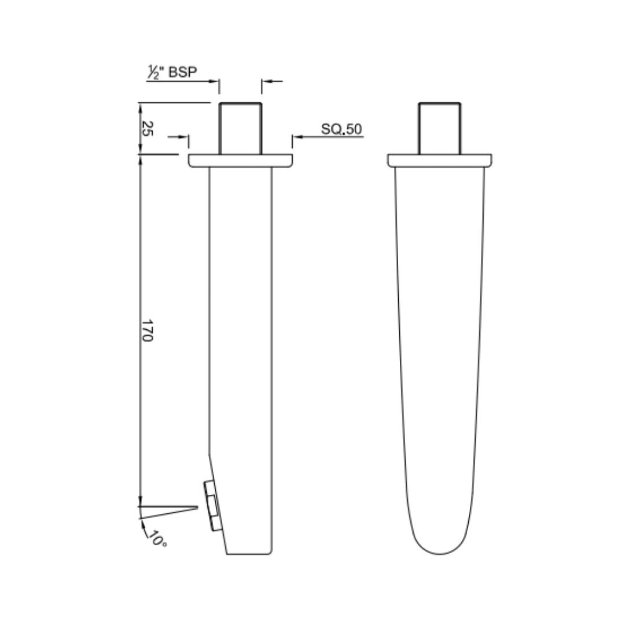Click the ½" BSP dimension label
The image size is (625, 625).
(x=172, y=72)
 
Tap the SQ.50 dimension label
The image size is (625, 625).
(x=341, y=128)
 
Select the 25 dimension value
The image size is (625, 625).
(x=147, y=128)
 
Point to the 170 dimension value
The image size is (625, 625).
(x=147, y=330)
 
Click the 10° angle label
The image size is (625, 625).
(x=157, y=539)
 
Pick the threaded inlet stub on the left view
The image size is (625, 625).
(x=240, y=128)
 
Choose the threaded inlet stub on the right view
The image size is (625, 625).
(x=440, y=128)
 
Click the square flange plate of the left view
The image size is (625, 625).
(x=240, y=161)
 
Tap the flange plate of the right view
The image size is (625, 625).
(x=440, y=161)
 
